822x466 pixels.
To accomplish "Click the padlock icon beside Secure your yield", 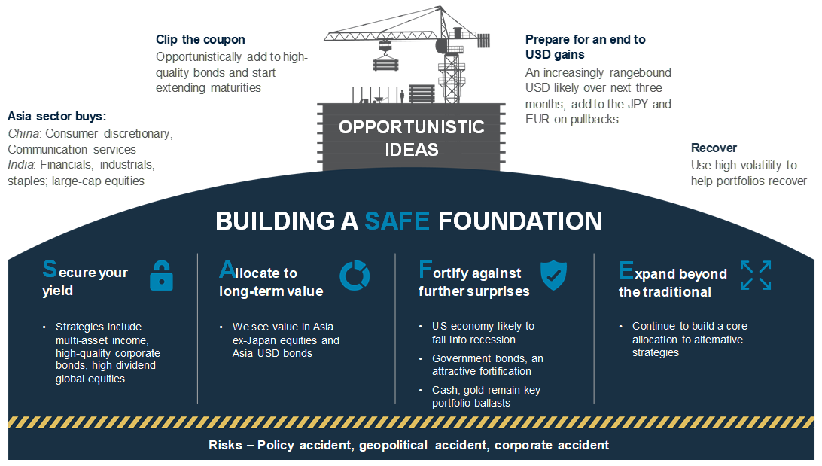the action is pos(161,276).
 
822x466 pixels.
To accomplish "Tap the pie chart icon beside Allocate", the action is pos(355,276).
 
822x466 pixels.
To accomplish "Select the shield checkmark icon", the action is pos(553,275).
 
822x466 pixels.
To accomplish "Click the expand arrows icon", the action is pos(756,276).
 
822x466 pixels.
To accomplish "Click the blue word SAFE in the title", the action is pos(397,221).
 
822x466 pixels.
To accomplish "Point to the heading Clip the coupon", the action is pos(200,39).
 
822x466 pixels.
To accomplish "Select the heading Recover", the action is pos(714,148).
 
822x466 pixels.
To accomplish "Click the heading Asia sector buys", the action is pos(56,117).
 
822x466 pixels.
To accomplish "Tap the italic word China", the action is pos(23,134).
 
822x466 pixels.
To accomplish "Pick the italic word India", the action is pos(20,165).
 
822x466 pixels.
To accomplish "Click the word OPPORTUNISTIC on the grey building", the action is pos(412,127).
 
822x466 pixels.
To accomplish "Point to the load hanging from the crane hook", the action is pos(385,63).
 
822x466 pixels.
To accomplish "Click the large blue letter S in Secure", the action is pos(50,269).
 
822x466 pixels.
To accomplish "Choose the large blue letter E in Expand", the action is pos(626,270).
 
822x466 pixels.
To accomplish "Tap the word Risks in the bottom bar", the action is pos(225,445).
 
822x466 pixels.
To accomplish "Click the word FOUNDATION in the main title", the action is pos(519,221).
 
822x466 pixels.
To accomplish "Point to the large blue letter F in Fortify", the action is pos(425,270).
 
